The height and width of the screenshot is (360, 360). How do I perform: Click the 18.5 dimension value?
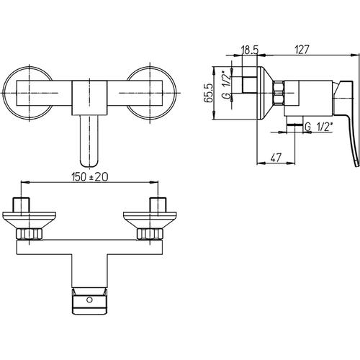click(250, 50)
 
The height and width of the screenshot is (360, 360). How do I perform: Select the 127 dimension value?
click(302, 50)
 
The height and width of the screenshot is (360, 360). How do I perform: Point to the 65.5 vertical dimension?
click(208, 93)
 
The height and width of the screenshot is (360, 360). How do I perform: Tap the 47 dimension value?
click(276, 158)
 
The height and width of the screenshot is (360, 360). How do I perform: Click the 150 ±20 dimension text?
click(90, 177)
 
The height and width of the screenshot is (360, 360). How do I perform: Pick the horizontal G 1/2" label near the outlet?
click(319, 127)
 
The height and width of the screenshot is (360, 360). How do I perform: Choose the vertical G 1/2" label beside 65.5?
click(227, 84)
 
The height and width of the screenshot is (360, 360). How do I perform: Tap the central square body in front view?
click(89, 98)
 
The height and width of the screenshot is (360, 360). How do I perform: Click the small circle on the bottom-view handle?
click(89, 300)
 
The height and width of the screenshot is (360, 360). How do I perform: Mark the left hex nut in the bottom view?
click(29, 234)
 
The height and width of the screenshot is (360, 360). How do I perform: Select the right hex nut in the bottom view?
click(150, 234)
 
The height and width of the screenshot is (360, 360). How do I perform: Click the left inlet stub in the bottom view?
click(21, 204)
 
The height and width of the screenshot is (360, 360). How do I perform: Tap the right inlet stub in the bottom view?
click(158, 204)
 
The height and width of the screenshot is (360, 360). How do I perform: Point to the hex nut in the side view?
click(279, 93)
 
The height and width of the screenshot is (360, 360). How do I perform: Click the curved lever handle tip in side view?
click(357, 163)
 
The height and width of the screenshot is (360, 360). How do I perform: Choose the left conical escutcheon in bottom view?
click(29, 220)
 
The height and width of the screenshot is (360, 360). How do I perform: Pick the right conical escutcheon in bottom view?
click(150, 220)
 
